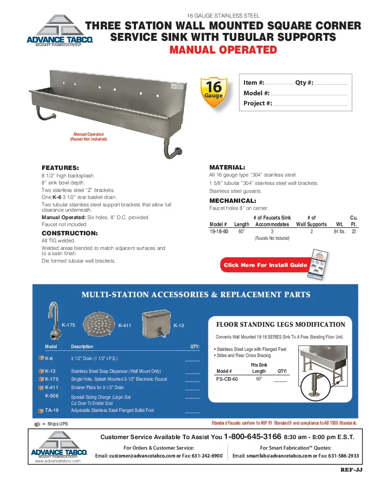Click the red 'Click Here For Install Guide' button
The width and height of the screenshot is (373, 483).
click(x=265, y=265)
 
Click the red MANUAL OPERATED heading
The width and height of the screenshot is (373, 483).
click(x=223, y=50)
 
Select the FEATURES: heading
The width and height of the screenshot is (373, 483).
click(x=60, y=168)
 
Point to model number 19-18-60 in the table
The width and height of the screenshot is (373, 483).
click(x=219, y=231)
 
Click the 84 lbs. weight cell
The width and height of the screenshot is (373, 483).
click(x=340, y=231)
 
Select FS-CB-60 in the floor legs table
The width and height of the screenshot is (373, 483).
click(x=227, y=379)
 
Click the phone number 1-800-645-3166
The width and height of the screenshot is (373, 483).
click(x=252, y=437)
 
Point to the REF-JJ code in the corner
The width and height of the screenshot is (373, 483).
click(x=351, y=469)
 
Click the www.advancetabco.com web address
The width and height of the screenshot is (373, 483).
click(x=57, y=461)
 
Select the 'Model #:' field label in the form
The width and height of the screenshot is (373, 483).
click(x=256, y=93)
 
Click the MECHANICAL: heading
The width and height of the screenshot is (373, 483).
click(x=233, y=201)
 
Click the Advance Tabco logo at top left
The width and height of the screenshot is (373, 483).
click(x=60, y=32)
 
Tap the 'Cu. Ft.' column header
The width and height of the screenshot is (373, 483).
click(x=354, y=221)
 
